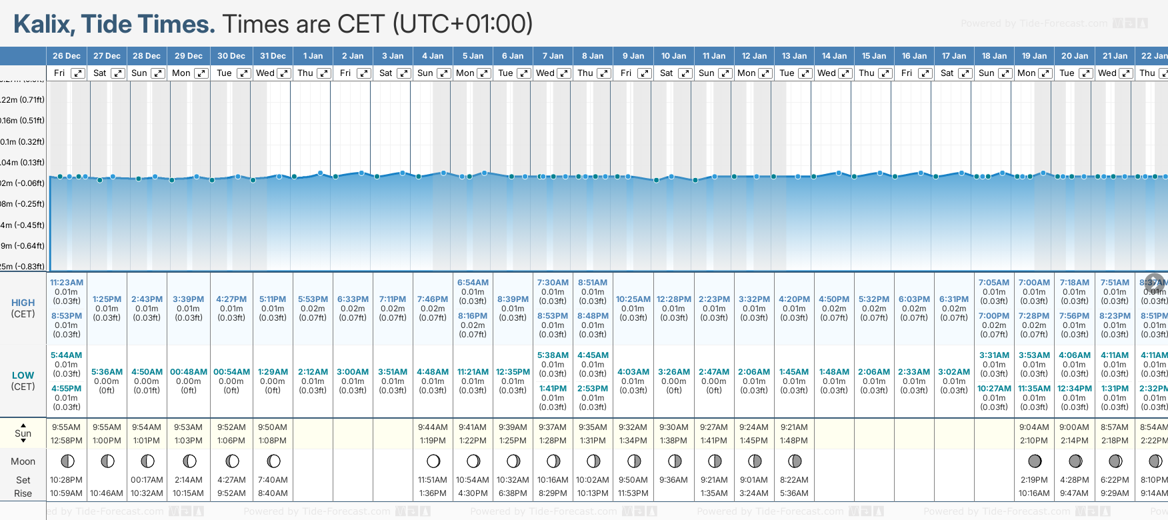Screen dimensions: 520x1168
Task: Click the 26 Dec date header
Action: click(67, 56)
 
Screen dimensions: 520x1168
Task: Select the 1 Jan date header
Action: click(313, 56)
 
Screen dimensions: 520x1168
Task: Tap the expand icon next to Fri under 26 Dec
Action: click(78, 73)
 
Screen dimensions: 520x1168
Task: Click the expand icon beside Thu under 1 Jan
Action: click(323, 73)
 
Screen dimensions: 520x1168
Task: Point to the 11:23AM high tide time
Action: click(67, 283)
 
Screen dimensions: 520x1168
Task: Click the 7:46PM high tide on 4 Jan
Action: click(433, 299)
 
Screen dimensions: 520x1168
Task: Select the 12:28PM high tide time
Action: click(673, 299)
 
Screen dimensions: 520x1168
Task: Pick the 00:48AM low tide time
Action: click(189, 372)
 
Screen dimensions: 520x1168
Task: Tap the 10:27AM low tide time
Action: click(994, 389)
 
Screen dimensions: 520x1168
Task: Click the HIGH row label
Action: click(23, 303)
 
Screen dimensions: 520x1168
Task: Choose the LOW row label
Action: click(23, 375)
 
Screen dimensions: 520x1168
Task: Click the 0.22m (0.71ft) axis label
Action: click(23, 100)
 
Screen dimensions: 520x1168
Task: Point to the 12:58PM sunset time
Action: click(67, 441)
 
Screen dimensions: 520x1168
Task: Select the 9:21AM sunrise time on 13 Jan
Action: click(794, 427)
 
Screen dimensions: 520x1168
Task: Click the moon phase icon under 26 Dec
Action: click(67, 461)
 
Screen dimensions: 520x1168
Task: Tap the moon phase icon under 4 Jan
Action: click(433, 461)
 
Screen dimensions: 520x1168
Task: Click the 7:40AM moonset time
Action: click(273, 480)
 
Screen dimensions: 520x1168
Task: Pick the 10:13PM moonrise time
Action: click(593, 493)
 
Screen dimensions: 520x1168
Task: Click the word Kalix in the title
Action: click(42, 25)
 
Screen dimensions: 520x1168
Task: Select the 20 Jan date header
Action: click(1075, 56)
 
